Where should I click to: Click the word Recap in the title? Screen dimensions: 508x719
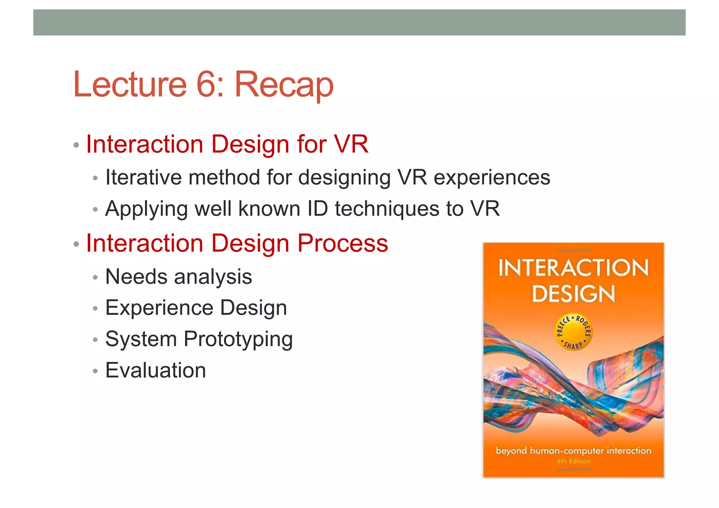click(x=284, y=86)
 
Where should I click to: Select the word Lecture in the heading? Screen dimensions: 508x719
click(x=130, y=84)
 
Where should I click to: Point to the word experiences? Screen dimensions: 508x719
click(x=492, y=178)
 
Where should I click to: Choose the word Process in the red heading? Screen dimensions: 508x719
click(x=343, y=243)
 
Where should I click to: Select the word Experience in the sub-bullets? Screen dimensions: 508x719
click(x=159, y=308)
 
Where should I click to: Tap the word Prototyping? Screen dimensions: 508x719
click(x=238, y=339)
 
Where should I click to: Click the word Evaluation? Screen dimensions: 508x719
click(x=156, y=370)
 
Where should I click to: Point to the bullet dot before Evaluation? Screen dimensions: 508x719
click(x=95, y=371)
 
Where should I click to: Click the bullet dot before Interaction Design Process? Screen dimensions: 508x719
click(x=76, y=244)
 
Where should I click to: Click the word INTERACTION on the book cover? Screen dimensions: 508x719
click(x=573, y=268)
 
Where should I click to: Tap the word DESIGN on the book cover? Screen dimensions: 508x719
click(x=573, y=293)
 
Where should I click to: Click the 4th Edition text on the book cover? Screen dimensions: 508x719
click(x=574, y=461)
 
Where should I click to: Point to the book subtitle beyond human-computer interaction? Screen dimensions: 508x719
click(x=573, y=451)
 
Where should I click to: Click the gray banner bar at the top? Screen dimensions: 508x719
click(x=359, y=22)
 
